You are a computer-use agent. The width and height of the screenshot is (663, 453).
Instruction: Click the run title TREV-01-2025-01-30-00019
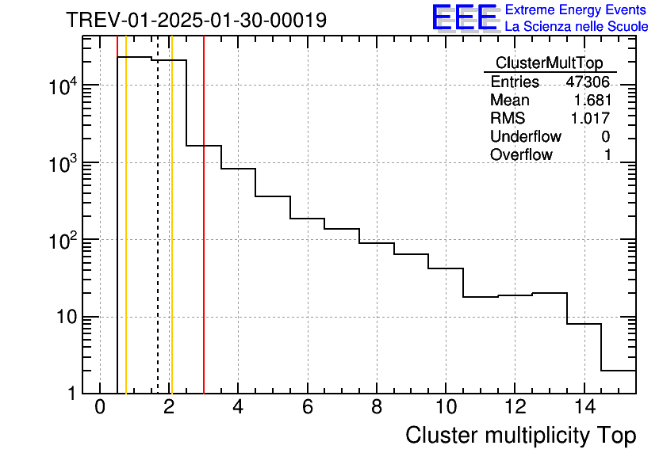point(196,20)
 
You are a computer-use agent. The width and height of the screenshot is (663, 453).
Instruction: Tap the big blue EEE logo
point(464,17)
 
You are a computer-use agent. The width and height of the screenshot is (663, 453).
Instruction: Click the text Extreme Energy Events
point(577,10)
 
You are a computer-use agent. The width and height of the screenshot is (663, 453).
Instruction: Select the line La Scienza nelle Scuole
point(577,27)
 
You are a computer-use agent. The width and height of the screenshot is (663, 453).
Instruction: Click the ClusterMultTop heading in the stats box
point(549,63)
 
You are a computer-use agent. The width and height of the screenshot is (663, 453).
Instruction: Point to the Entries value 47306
point(588,82)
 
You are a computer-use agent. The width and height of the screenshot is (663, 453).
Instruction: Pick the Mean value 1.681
point(592,101)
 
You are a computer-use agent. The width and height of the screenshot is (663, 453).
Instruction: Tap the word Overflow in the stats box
point(521,155)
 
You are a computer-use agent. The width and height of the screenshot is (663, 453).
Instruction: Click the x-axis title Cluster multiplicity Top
point(520,435)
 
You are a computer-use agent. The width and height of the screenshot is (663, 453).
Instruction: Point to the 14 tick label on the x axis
point(583,408)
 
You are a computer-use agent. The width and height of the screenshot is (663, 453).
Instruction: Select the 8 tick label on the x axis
point(376,408)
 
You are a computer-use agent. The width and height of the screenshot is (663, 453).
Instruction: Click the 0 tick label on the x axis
point(100,408)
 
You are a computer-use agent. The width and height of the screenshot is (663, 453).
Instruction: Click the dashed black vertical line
point(158,238)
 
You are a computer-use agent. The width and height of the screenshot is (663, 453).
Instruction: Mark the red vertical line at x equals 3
point(204,238)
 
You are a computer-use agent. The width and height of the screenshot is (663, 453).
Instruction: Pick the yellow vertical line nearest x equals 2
point(171,238)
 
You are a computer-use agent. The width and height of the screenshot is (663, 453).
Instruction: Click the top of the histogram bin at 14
point(584,324)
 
